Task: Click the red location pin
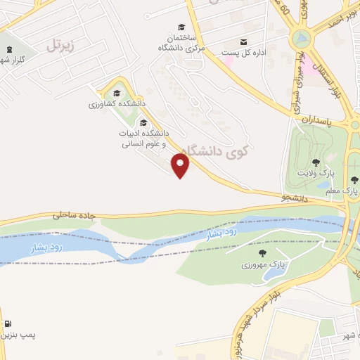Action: click(x=181, y=166)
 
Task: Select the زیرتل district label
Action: click(x=60, y=46)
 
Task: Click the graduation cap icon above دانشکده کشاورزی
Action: click(x=117, y=92)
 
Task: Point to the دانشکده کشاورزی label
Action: click(x=117, y=103)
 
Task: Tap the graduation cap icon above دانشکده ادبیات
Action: click(x=143, y=122)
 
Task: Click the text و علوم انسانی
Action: click(x=143, y=143)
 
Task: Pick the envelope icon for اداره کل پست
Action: click(x=244, y=41)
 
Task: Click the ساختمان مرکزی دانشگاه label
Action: click(x=182, y=42)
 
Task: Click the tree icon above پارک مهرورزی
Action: click(x=262, y=253)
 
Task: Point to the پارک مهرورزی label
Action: click(x=262, y=265)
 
